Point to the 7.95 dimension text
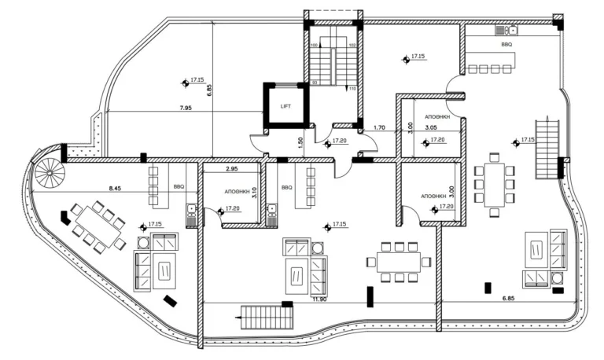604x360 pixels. [x=186, y=107]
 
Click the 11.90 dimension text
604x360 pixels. [x=319, y=299]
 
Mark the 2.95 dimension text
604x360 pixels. [x=232, y=169]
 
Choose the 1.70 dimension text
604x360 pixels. [x=379, y=127]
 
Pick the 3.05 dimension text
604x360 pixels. [x=431, y=127]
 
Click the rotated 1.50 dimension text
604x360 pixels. [x=301, y=142]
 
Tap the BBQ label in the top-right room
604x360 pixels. [x=506, y=46]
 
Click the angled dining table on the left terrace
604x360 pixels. [x=96, y=226]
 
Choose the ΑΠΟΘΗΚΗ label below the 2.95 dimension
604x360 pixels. [x=237, y=190]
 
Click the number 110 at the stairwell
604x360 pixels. [x=352, y=89]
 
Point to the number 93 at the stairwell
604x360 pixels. [x=315, y=81]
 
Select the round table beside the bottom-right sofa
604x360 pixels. [x=558, y=277]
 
